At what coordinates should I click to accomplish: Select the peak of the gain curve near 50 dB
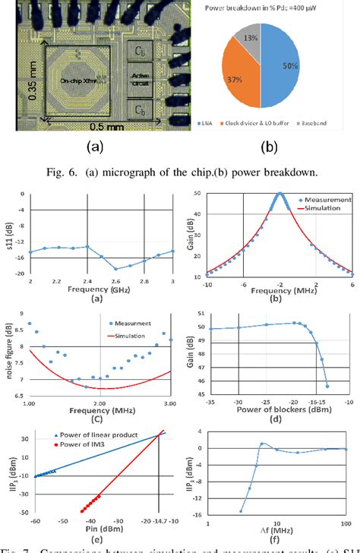(x=280, y=195)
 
